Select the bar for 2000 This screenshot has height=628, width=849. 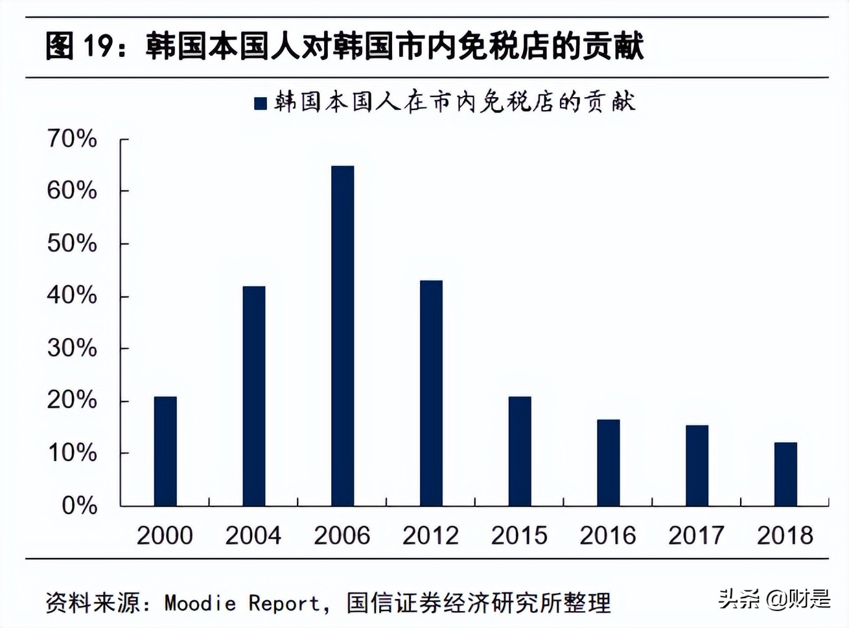tap(165, 451)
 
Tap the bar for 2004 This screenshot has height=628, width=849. tap(253, 396)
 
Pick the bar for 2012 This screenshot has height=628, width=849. tap(431, 393)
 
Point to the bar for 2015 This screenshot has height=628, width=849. tap(519, 451)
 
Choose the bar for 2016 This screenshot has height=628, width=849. tap(608, 462)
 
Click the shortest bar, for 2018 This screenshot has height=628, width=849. tap(785, 474)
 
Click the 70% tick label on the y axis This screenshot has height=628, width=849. tap(72, 139)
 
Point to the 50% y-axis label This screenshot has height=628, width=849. tap(72, 243)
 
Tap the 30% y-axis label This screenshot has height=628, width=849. tap(72, 348)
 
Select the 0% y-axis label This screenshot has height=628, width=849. tap(79, 505)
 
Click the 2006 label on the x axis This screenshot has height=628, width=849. tap(342, 535)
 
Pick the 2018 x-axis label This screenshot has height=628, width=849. tap(785, 535)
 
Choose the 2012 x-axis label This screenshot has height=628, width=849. tap(430, 535)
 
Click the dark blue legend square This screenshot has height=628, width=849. tap(261, 104)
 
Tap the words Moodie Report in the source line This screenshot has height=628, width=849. tap(243, 603)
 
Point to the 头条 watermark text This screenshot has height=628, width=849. tap(738, 599)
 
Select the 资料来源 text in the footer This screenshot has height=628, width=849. tap(93, 603)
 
